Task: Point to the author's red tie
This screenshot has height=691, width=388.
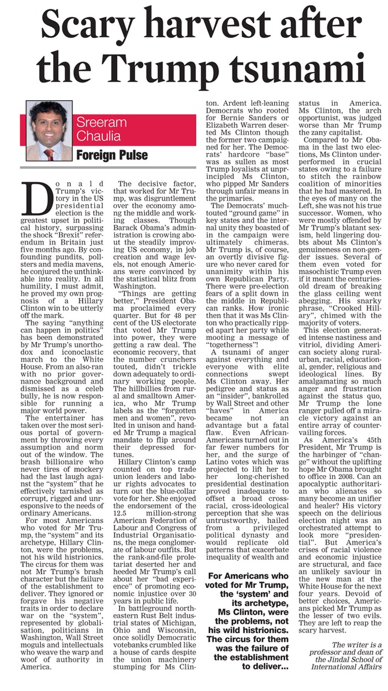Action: coord(49,154)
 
